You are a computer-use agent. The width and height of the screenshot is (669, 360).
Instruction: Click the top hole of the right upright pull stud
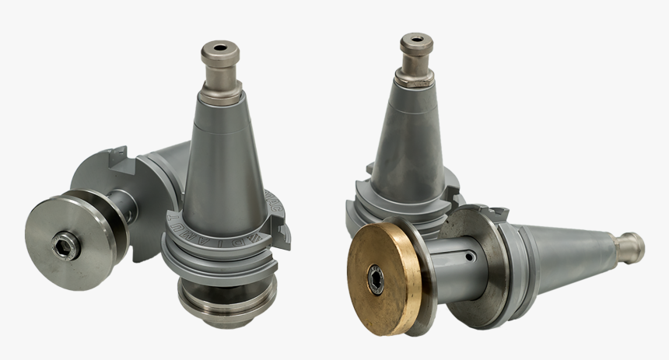[416, 37]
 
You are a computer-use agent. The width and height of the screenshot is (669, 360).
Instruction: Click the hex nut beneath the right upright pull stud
[415, 78]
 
